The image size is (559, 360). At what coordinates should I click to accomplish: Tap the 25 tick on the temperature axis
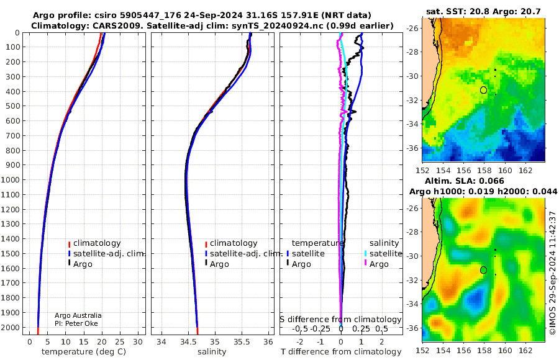coord(120,342)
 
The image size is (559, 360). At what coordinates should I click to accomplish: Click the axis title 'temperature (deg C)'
coord(84,352)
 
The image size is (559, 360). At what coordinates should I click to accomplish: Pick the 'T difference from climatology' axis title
coord(341,352)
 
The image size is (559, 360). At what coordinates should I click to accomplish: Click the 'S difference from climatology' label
coord(340,320)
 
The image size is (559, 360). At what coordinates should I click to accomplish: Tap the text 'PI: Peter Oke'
coord(76,323)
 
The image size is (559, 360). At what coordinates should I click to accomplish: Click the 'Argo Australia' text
coord(78,315)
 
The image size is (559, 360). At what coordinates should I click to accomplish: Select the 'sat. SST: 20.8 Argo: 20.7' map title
coord(483,12)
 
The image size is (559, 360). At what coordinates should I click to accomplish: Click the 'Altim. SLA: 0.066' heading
coord(465,181)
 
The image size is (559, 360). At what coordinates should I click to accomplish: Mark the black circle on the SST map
coord(483,90)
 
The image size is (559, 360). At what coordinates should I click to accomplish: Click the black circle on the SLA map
coord(483,270)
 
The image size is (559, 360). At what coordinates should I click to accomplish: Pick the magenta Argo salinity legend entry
coord(377,264)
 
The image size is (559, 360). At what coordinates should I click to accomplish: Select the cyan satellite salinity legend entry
coord(383,254)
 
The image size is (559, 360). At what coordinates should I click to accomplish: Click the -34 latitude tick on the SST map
coord(412,124)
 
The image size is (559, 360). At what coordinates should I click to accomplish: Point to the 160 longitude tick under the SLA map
coord(505,350)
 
